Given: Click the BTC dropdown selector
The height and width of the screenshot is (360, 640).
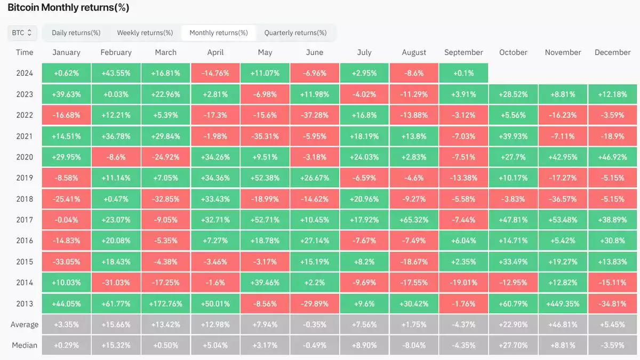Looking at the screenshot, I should pos(22,33).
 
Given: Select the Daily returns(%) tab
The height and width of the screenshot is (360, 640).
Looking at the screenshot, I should pos(76,33).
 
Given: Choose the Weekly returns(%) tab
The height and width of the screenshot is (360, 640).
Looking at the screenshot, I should pos(145,33).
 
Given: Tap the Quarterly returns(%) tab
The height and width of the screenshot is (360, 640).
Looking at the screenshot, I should pos(295,33).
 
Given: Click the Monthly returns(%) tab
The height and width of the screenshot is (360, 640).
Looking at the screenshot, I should pos(219,33).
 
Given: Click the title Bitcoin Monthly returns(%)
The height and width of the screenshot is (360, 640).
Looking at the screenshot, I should pos(68,8).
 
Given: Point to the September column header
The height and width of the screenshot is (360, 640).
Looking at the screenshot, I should pos(463,52).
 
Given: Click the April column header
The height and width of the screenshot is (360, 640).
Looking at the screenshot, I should pos(215,52).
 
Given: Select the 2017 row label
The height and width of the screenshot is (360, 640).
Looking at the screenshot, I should pos(25,220).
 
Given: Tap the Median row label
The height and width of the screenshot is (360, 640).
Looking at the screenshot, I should pos(25,345).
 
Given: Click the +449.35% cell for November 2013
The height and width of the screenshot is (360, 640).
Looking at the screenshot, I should pos(563,303).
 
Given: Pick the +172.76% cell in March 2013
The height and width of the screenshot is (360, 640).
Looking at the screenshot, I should pos(166,303).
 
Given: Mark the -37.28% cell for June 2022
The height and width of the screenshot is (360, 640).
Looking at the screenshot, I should pos(315,115).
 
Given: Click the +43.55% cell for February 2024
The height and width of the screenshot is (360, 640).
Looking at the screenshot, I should pos(116,73).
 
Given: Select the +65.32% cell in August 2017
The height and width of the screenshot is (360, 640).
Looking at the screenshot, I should pos(414,220).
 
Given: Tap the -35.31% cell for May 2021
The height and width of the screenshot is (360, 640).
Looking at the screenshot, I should pos(265,136).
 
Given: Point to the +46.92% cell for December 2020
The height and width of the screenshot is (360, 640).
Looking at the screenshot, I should pos(612,157).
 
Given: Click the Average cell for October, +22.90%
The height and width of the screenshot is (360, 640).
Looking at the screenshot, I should pos(513,324).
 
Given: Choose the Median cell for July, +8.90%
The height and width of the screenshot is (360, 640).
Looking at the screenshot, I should pos(364,345).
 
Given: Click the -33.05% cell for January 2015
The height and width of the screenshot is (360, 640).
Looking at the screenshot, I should pos(66,262).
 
